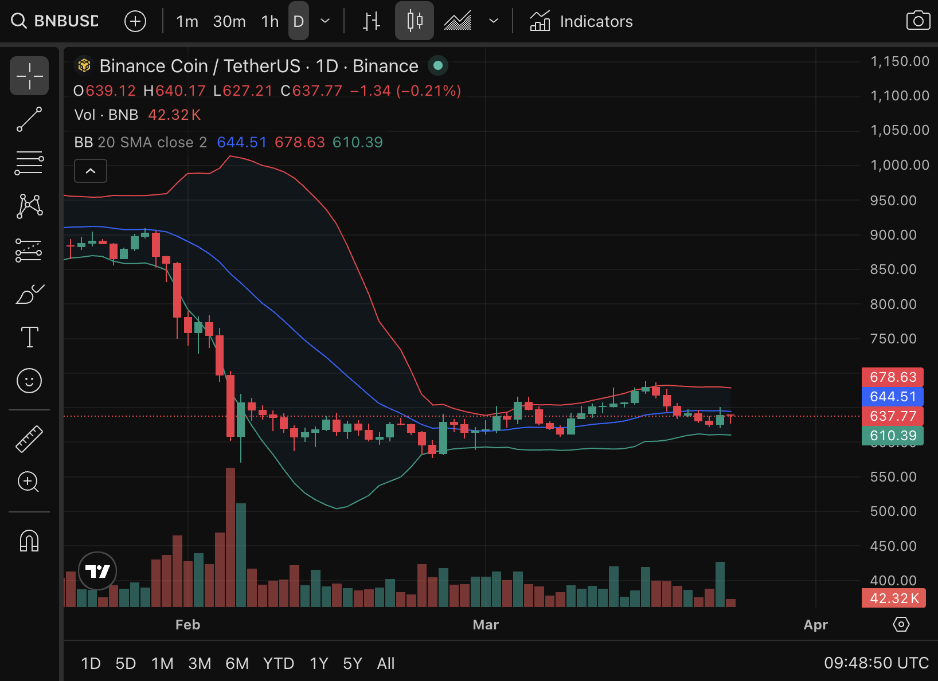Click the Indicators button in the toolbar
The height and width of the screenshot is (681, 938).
(581, 22)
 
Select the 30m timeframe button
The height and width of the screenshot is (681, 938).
(229, 22)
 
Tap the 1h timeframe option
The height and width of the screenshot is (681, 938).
(269, 22)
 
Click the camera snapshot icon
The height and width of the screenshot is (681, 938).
(917, 21)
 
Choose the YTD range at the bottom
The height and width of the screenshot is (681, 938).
(278, 663)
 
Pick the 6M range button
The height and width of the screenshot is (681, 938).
(237, 663)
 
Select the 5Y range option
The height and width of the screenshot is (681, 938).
(352, 663)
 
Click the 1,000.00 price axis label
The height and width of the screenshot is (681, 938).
(899, 165)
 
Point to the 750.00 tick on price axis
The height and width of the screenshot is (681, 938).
(893, 339)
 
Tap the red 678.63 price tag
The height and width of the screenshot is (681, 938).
(893, 377)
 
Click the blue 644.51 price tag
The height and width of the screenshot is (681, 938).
(893, 397)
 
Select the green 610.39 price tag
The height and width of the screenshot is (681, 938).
(893, 436)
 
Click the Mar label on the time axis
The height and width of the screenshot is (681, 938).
(486, 625)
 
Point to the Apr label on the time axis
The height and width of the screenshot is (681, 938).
(815, 625)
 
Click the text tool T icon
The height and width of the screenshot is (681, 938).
(29, 337)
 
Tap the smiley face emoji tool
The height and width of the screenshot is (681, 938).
(29, 381)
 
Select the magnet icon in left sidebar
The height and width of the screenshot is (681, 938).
(29, 541)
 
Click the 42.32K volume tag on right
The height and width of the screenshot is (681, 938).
(893, 598)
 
